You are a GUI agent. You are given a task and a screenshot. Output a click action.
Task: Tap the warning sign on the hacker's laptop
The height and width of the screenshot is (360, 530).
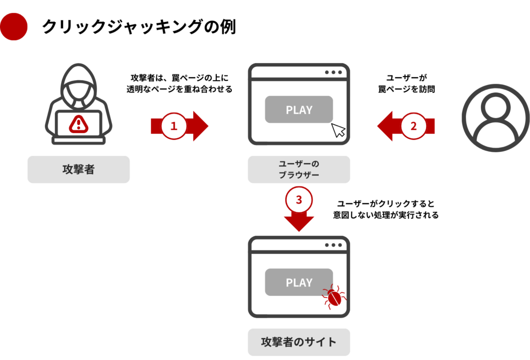point(79,123)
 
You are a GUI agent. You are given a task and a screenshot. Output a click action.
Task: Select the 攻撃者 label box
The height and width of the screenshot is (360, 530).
point(79,169)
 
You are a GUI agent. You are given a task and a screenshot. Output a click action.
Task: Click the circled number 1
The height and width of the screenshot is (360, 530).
point(174,126)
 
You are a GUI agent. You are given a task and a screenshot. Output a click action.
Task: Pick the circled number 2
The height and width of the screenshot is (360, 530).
point(413,126)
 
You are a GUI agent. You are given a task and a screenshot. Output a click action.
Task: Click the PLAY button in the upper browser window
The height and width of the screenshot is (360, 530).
point(299,110)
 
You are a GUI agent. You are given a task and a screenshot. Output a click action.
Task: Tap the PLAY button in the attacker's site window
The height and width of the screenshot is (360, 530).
point(299,282)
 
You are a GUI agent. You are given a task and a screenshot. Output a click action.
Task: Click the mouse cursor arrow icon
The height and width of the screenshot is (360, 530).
point(338,131)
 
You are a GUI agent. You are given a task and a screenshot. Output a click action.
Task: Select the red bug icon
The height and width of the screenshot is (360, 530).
point(334,297)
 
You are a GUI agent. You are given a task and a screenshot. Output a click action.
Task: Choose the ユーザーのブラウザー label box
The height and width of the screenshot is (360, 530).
point(299,169)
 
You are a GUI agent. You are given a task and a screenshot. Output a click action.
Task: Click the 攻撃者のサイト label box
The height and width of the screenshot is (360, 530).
point(299,342)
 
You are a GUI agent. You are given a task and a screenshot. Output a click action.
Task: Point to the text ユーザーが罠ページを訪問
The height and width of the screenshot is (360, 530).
point(406,83)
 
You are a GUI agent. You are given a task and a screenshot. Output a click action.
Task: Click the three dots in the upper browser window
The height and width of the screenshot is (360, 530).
point(333,73)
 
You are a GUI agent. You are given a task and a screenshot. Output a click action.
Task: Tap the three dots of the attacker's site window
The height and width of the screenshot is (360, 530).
point(333,245)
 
